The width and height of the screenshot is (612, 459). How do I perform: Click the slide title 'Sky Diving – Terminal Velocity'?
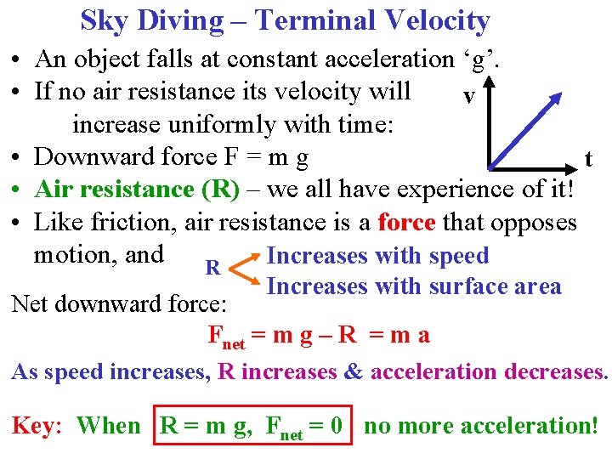pos(285,20)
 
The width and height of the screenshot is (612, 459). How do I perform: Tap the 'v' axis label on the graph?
pos(468,96)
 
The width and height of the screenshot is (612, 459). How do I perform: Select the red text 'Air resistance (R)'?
pos(138,189)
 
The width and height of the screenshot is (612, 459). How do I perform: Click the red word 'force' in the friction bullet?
pos(406,222)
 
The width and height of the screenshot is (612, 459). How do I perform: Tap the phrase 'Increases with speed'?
pos(377,256)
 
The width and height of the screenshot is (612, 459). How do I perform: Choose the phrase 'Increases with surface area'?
pos(413,286)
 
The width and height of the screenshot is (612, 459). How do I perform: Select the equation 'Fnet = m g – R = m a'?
pos(319,336)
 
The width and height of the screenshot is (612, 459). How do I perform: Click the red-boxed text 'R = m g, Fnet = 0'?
pos(251,425)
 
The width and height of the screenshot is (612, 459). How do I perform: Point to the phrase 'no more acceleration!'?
pos(481,425)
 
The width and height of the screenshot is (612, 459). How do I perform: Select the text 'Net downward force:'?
pos(118,303)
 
